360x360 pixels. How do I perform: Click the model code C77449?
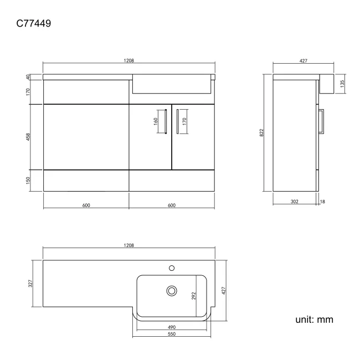coord(34,23)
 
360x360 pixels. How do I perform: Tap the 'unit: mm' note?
coord(314,320)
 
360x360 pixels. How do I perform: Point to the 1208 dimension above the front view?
coord(129,60)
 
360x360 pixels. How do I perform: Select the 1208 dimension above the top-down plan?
coord(129,245)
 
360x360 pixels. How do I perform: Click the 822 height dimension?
coord(261,133)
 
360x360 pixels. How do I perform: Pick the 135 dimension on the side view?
coord(342,84)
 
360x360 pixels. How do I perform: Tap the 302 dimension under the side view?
coord(295,202)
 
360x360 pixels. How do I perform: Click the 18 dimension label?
coord(322,202)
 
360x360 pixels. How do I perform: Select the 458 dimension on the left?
coord(28,137)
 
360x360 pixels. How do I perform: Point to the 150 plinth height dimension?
coord(28,181)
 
